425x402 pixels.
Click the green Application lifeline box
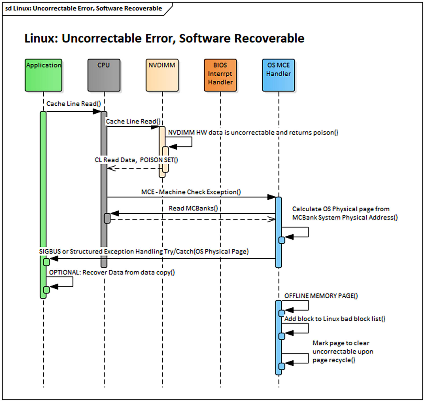pos(43,75)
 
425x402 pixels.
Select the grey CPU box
pos(104,75)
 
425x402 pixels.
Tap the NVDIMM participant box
pos(162,75)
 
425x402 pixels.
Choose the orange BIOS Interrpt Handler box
pos(220,75)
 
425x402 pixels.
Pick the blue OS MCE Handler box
pos(279,75)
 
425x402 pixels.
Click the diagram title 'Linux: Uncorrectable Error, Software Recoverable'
pos(164,38)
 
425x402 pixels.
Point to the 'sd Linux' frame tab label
pos(83,8)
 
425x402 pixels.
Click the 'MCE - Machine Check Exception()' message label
pos(191,192)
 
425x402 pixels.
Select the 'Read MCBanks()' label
pos(193,208)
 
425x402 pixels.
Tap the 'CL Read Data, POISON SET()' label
pos(136,160)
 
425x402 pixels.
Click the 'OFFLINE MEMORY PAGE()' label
pos(321,296)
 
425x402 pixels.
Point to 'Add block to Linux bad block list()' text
pos(335,319)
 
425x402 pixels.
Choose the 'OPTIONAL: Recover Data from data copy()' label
pos(112,272)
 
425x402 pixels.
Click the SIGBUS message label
pos(144,251)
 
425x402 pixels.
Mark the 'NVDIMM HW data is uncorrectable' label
pos(253,132)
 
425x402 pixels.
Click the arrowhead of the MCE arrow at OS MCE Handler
pos(272,197)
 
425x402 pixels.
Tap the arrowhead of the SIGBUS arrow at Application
pos(54,259)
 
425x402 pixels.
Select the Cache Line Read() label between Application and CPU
pos(74,104)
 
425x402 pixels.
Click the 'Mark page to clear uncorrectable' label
pos(342,351)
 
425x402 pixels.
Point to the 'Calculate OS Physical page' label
pos(345,213)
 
